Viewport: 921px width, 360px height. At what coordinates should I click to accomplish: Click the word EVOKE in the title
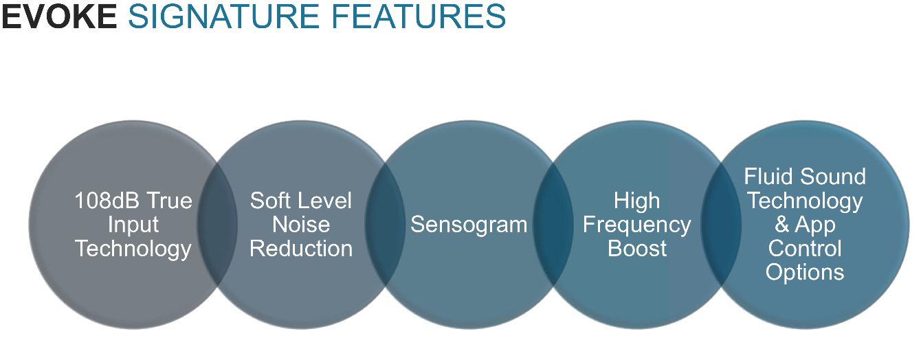59,16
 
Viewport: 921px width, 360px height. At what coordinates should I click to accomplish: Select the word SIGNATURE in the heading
223,16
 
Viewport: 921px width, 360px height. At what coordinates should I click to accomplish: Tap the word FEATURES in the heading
418,16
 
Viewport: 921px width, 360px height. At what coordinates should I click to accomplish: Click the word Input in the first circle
133,225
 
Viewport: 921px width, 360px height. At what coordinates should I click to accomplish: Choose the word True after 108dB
169,201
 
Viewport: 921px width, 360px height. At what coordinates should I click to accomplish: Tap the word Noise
301,225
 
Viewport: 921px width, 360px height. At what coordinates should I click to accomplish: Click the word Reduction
301,248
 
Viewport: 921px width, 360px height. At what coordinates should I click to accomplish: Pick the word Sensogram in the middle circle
469,225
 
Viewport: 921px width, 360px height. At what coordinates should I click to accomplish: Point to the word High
637,201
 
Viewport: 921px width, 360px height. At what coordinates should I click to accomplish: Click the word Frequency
637,225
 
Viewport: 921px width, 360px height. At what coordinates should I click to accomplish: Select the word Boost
637,248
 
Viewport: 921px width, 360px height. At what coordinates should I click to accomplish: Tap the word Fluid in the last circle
768,177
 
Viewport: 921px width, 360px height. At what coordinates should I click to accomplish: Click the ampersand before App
782,225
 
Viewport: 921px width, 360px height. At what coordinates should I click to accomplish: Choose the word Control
805,248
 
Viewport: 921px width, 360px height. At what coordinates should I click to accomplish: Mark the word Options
805,272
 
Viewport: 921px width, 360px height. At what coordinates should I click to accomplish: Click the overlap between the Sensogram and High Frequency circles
553,225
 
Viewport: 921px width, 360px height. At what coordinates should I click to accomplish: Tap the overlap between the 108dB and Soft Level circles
217,225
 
